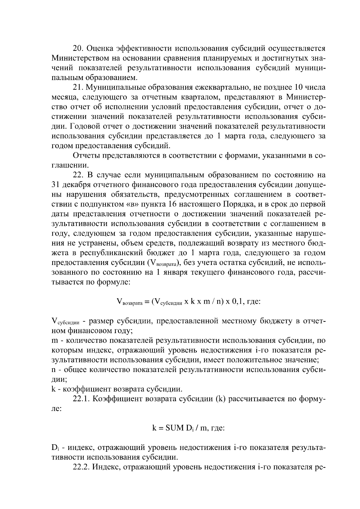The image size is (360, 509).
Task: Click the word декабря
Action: [75, 185]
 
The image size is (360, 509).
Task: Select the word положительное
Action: [255, 360]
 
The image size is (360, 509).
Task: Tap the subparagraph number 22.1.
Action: [81, 399]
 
